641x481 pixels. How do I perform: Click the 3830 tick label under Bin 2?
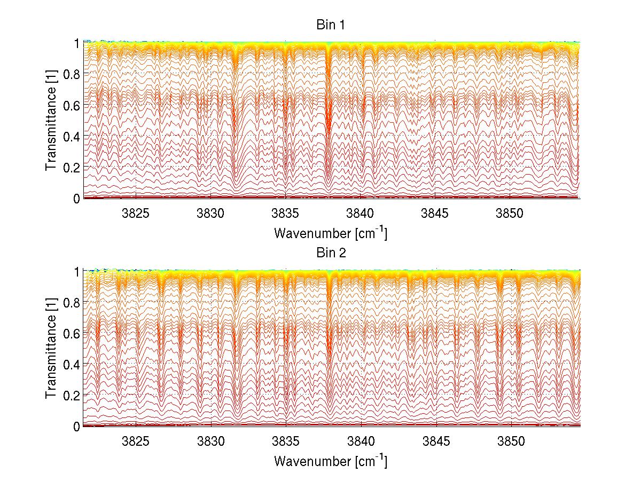(211, 442)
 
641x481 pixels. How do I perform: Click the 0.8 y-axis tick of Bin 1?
(72, 73)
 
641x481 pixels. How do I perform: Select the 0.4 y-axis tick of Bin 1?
(72, 136)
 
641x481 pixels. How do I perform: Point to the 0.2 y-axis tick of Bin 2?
(72, 395)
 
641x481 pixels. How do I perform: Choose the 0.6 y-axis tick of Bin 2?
(72, 333)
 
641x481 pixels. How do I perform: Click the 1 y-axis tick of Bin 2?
(76, 271)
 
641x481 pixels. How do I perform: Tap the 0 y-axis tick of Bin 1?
(76, 198)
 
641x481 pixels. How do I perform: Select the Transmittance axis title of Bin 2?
(51, 349)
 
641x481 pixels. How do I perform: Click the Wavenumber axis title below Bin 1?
(331, 233)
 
